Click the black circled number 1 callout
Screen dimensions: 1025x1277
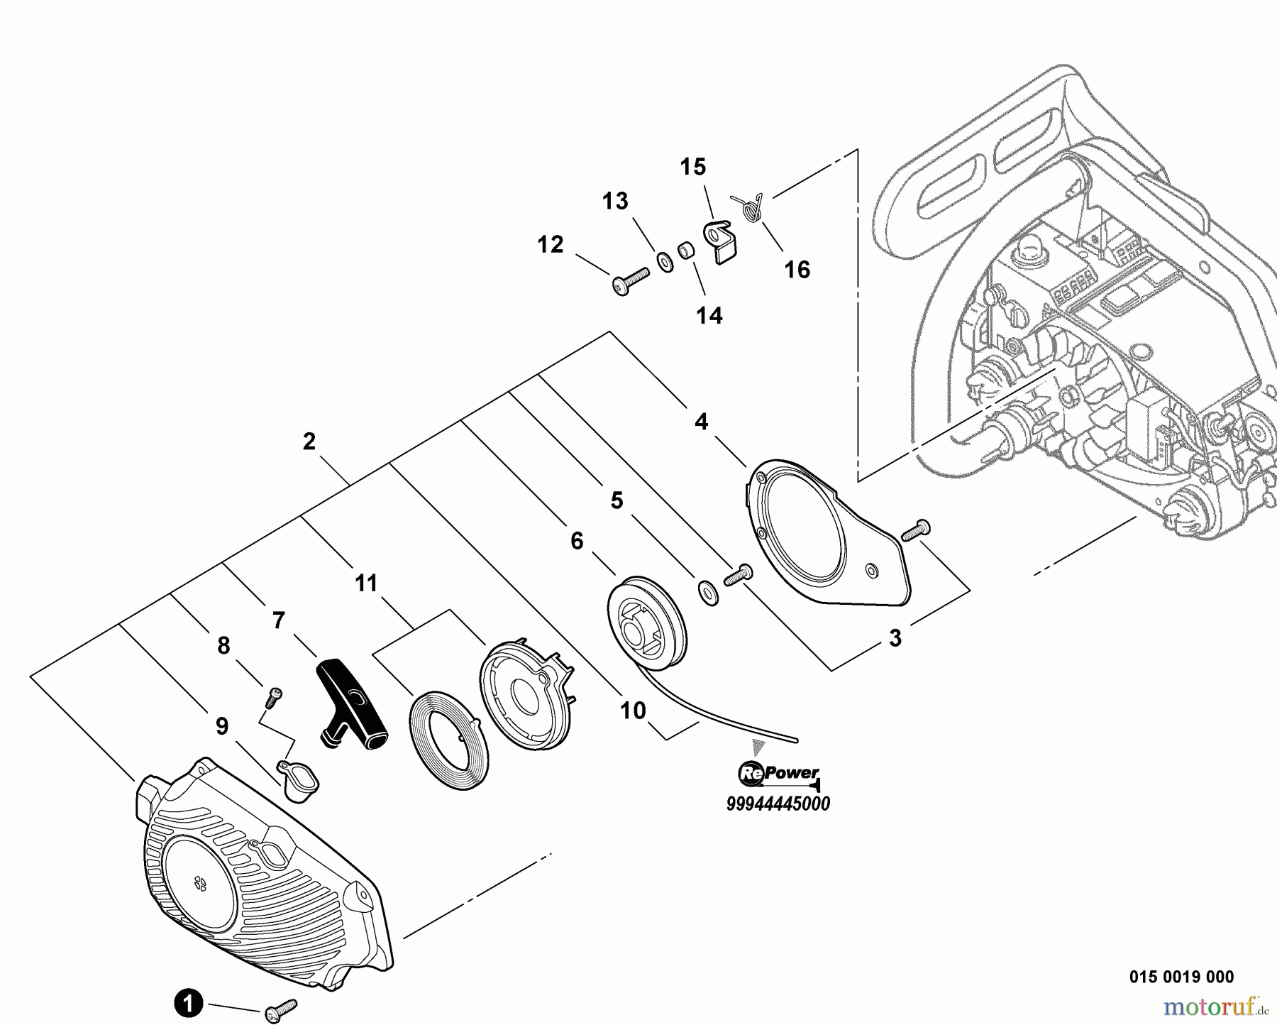coord(188,1004)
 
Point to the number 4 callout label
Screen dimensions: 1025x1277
coord(701,422)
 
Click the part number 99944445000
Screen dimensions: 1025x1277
coord(778,804)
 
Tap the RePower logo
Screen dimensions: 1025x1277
coord(779,774)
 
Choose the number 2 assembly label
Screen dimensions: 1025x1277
coord(309,442)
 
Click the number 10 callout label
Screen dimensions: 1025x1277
coord(633,710)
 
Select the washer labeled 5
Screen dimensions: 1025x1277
coord(707,592)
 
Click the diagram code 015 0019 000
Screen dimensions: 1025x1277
coord(1181,977)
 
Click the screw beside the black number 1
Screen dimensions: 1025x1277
coord(280,1011)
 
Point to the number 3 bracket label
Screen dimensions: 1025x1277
coord(895,638)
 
